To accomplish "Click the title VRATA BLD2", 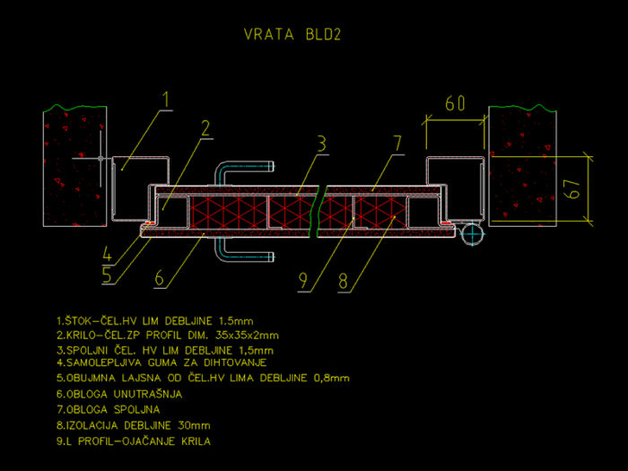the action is coord(292,34).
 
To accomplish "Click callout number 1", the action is coord(167,100).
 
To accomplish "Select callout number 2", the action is coord(205,128).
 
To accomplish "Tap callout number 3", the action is coord(321,144).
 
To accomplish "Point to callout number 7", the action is coord(397,144).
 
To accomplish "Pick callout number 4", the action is coord(107,254).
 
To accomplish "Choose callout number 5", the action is coord(107,275).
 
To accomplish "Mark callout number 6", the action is coord(159,277).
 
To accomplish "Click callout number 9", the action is coord(303,281).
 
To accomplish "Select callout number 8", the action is coord(344,281).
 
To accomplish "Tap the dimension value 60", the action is coord(456,103).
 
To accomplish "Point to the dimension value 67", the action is coord(572,189).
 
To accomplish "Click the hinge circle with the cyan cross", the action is coord(472,233).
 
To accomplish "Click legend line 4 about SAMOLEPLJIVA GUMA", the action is coord(161,362).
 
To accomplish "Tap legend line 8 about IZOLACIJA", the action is coord(134,425).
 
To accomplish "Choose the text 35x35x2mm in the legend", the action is coord(247,336).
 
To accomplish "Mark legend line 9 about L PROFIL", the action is coord(134,441).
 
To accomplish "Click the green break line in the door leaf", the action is coord(318,211).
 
